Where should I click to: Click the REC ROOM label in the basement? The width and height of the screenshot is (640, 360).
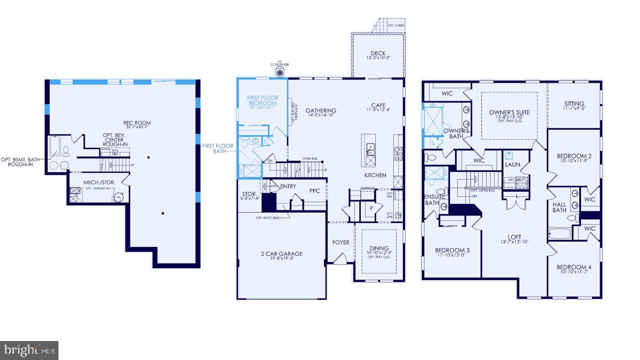point(137,123)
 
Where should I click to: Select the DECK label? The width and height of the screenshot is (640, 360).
point(377,53)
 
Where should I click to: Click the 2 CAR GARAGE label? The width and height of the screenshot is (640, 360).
point(281,254)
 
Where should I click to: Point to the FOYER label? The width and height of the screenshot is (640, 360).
point(341,242)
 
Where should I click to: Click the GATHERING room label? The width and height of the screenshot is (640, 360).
point(321,110)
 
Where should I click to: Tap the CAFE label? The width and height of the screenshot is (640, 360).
point(378,105)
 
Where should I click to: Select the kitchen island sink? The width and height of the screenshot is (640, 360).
point(371,148)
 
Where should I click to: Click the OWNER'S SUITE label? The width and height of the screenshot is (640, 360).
point(509,112)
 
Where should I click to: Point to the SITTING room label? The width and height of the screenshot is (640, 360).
point(574,104)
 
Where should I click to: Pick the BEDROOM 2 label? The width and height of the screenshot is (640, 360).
point(574,156)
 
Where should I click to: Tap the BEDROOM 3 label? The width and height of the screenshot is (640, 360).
point(452,250)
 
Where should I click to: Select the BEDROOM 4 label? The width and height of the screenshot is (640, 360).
point(574,267)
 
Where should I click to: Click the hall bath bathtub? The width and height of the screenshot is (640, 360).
point(559,233)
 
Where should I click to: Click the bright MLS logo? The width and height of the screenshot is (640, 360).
point(29,350)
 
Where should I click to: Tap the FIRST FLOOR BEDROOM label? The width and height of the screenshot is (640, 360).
point(262,100)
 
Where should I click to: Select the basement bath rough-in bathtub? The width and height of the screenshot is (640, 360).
point(54,147)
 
